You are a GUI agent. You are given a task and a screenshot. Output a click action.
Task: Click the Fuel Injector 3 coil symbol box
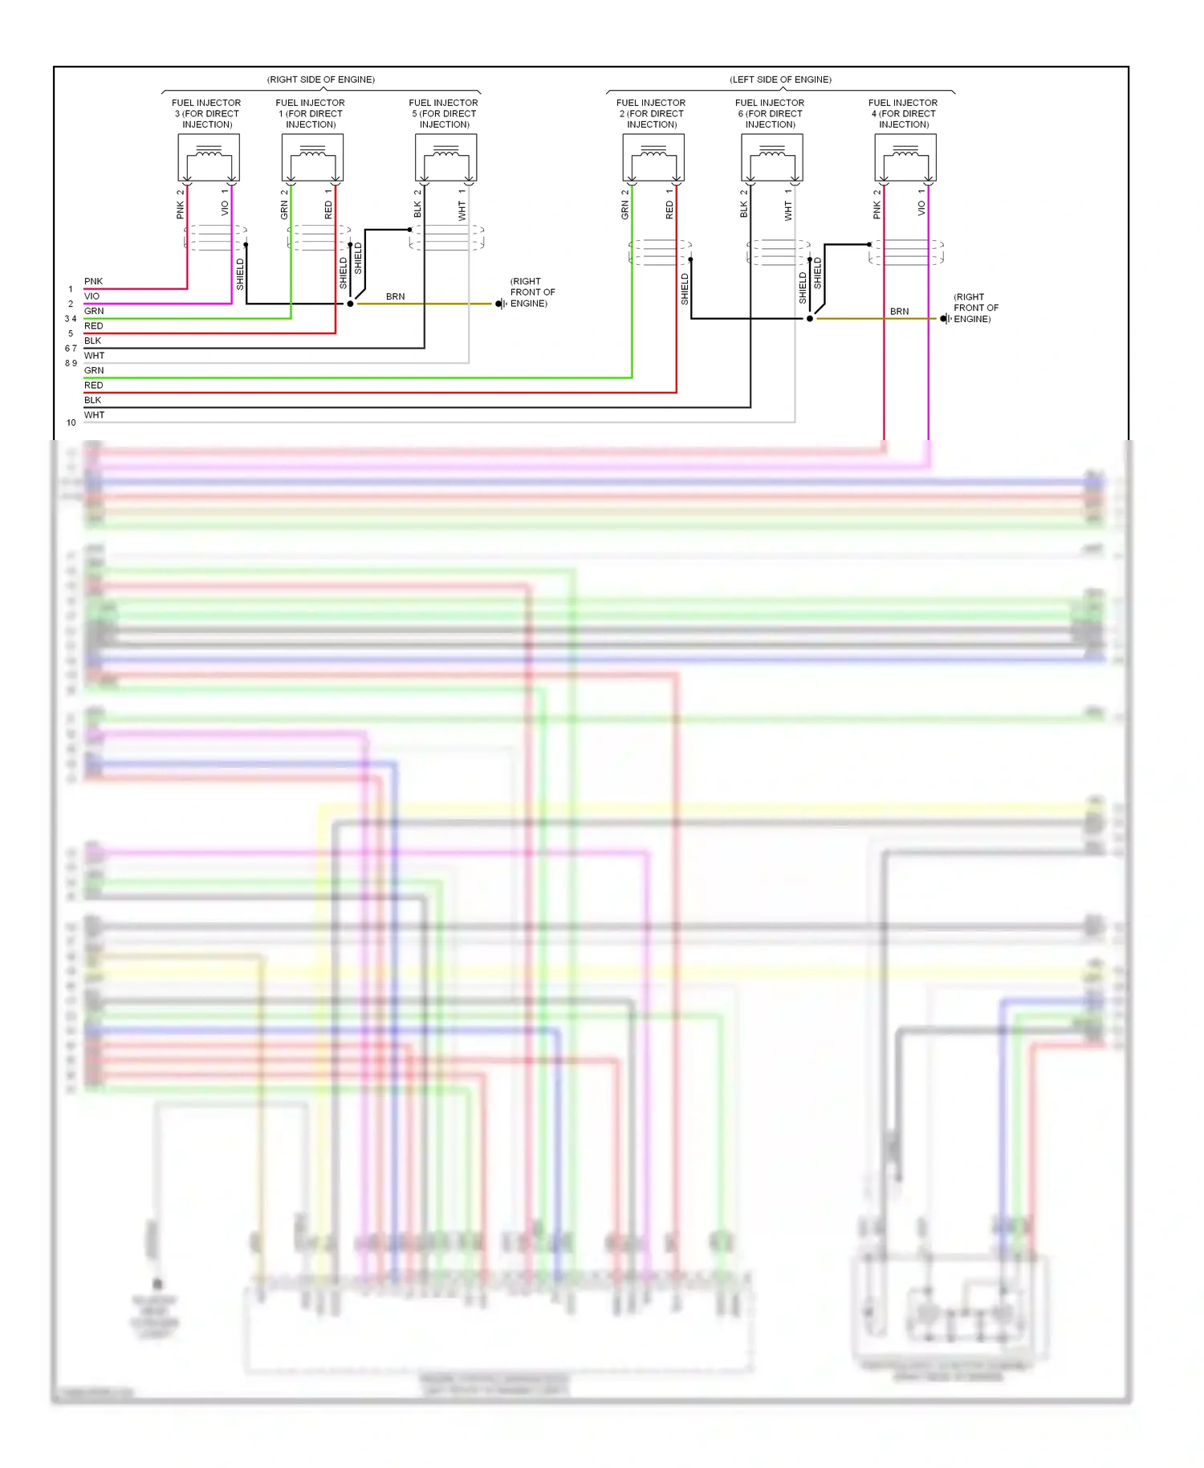(x=209, y=157)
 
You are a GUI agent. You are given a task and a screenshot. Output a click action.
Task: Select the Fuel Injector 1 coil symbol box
(x=312, y=157)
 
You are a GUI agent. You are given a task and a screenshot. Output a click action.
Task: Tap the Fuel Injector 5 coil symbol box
(x=445, y=157)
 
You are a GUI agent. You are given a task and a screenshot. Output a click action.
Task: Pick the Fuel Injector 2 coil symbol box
(x=653, y=157)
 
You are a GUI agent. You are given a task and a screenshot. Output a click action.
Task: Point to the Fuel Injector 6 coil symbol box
(x=772, y=157)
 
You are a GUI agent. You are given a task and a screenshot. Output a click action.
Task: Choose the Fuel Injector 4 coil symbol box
(x=905, y=157)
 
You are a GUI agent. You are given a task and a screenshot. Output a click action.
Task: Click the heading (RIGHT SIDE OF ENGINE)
(x=320, y=80)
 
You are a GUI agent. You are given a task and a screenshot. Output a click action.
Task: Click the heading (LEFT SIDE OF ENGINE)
(x=780, y=80)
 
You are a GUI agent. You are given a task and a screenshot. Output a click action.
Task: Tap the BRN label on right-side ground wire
(x=395, y=296)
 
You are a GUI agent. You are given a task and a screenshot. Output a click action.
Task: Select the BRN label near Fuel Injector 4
(x=899, y=311)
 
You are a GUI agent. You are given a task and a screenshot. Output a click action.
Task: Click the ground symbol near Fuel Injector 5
(x=500, y=304)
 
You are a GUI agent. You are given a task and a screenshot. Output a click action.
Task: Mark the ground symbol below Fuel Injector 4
(x=945, y=319)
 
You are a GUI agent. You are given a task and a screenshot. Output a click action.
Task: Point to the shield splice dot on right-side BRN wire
(x=350, y=304)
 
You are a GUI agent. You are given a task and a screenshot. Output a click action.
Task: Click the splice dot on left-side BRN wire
(x=810, y=319)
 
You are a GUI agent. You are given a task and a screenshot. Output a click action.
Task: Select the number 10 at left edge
(x=71, y=422)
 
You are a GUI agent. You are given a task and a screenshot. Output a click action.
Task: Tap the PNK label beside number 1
(x=93, y=281)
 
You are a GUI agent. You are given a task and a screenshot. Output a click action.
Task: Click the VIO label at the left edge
(x=92, y=296)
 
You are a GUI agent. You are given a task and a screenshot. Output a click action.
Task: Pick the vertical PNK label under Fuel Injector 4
(x=877, y=210)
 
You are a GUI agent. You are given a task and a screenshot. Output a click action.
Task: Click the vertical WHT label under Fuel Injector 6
(x=788, y=211)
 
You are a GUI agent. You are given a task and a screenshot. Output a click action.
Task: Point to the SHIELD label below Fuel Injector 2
(x=685, y=288)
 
